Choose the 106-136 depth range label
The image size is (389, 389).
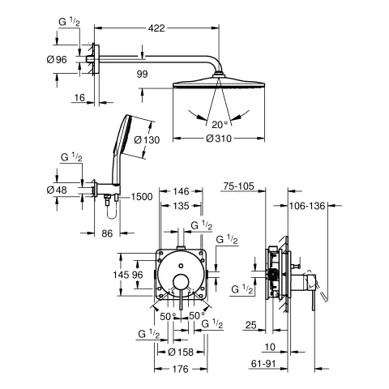pyautogui.click(x=308, y=207)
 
